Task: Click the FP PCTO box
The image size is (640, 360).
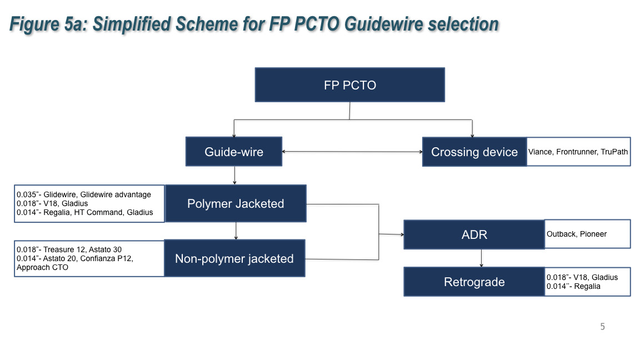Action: (349, 85)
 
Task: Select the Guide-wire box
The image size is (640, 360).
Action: (233, 152)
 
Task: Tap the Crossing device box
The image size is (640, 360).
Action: (474, 152)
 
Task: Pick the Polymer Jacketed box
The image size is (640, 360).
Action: (236, 204)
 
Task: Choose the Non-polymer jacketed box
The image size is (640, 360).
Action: (234, 258)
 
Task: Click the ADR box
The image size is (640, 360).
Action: (474, 234)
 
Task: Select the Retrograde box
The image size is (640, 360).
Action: (474, 282)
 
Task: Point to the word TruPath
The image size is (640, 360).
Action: (614, 152)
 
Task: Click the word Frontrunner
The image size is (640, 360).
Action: (577, 152)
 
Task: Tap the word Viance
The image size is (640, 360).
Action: (540, 152)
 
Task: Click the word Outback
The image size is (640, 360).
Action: (561, 234)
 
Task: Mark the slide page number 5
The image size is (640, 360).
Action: (602, 327)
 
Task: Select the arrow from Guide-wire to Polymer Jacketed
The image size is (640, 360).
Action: (235, 175)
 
